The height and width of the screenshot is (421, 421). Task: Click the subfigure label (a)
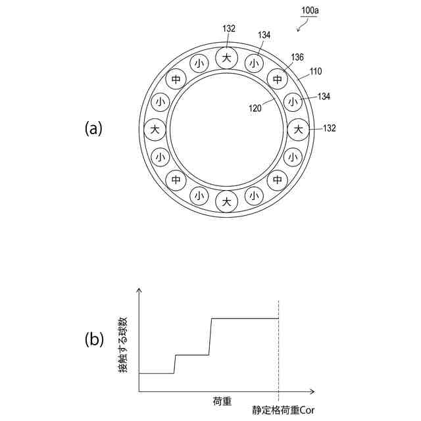93,128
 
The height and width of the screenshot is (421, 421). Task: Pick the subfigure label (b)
93,339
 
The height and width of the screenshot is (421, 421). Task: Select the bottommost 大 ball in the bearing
227,201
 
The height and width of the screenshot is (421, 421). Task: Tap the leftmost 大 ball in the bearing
155,129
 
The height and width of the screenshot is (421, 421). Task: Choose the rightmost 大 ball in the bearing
299,129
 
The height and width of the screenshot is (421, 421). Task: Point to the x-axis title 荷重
222,401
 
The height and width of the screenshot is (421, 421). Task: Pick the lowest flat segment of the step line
157,373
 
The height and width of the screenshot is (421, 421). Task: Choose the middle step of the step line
191,355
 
